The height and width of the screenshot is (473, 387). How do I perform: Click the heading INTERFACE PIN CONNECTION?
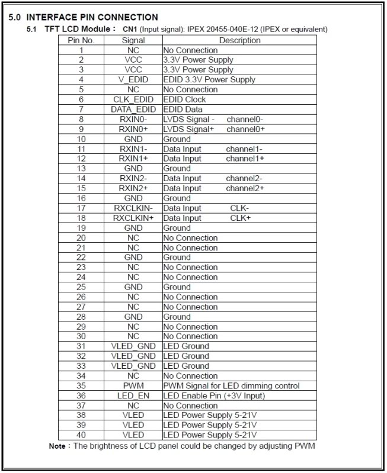[92, 17]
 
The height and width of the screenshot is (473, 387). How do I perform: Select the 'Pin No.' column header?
[81, 40]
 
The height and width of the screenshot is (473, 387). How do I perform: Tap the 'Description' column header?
[239, 40]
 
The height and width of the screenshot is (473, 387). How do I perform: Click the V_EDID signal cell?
[133, 80]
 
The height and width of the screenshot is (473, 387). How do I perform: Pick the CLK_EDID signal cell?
[133, 99]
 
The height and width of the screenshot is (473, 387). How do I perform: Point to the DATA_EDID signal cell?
[133, 110]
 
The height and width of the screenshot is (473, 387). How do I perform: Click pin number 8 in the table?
[81, 119]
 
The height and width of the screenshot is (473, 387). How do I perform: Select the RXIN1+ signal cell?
[133, 159]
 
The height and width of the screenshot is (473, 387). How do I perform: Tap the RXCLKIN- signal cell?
[133, 208]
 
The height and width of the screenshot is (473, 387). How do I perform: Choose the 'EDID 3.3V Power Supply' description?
[209, 80]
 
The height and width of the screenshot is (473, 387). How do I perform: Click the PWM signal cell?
[133, 386]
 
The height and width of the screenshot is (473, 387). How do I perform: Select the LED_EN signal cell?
[133, 395]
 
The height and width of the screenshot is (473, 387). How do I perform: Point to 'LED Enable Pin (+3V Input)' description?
[214, 395]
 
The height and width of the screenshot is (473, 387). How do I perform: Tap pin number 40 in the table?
[81, 435]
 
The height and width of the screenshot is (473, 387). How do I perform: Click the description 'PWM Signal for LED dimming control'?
[231, 386]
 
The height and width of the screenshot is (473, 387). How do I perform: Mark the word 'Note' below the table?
[57, 446]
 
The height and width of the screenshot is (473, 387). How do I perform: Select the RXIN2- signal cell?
[133, 178]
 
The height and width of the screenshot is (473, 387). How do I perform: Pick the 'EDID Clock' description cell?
[184, 99]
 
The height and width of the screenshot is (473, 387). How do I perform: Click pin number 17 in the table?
[81, 208]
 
